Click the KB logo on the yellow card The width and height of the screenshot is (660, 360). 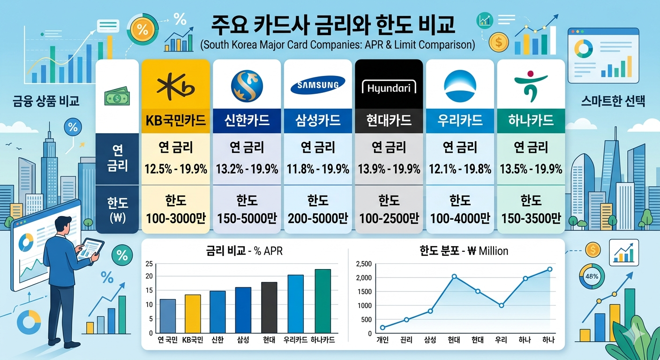pyautogui.click(x=175, y=87)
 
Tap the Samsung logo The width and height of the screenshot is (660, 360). pyautogui.click(x=318, y=86)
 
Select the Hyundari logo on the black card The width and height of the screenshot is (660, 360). pyautogui.click(x=389, y=88)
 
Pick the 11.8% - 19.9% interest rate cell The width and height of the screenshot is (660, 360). pyautogui.click(x=318, y=169)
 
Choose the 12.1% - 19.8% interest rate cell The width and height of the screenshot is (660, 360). pyautogui.click(x=460, y=169)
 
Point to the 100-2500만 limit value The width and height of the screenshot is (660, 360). pyautogui.click(x=389, y=218)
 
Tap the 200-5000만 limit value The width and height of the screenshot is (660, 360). pyautogui.click(x=318, y=218)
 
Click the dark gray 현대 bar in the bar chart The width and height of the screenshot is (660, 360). pyautogui.click(x=269, y=307)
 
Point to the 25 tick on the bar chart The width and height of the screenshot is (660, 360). pyautogui.click(x=149, y=263)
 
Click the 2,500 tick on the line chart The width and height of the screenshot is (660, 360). pyautogui.click(x=364, y=264)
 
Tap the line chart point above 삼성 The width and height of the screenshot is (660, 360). pyautogui.click(x=430, y=311)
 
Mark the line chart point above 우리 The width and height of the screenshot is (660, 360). pyautogui.click(x=501, y=306)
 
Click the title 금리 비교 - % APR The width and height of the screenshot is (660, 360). pyautogui.click(x=244, y=251)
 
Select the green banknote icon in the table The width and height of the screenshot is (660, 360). pyautogui.click(x=117, y=97)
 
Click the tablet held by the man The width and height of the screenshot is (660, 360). pyautogui.click(x=91, y=248)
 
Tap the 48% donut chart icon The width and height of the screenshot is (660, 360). pyautogui.click(x=592, y=277)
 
